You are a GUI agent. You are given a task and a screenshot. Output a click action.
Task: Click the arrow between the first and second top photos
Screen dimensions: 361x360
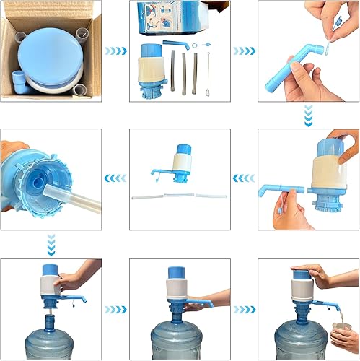pos(115,51)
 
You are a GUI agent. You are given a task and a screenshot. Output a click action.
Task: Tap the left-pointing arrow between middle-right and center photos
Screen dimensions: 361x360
pos(245,178)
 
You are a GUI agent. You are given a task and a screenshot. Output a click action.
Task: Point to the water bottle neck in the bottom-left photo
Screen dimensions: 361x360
pos(52,318)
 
